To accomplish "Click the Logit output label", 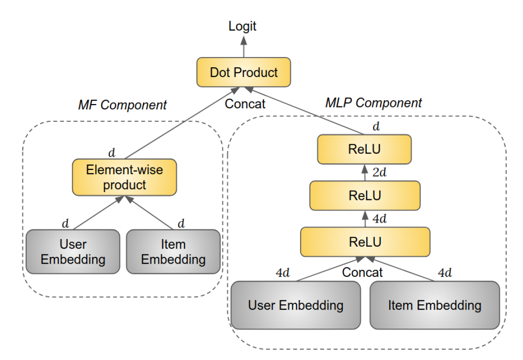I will coord(243,26).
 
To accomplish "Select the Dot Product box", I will coord(244,73).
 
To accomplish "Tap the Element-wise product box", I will coord(124,178).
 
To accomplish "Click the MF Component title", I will coord(122,105).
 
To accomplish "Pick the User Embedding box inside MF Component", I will coord(73,252).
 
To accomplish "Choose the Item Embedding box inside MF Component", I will coord(173,252).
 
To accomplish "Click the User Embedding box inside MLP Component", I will coord(295,305).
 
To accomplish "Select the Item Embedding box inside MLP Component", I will coord(434,305).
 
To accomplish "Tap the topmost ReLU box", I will coord(364,150).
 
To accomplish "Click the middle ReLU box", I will coord(364,195).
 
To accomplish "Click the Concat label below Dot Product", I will coord(245,103).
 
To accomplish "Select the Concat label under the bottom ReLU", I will coord(362,272).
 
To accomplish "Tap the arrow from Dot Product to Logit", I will coord(243,46).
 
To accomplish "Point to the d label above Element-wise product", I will coord(112,153).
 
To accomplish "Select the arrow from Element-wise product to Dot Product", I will coord(179,123).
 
